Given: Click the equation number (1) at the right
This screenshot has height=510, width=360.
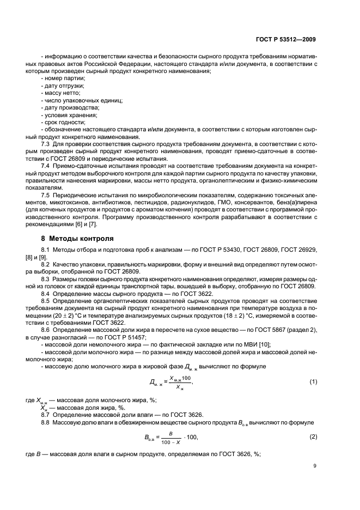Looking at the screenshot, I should [x=313, y=382].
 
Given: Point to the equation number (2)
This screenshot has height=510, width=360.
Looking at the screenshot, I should [x=313, y=437].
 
